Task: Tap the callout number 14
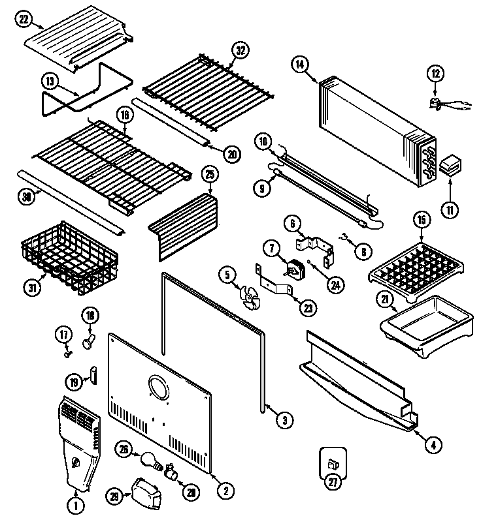299,64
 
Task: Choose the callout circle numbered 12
435,74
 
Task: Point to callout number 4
432,446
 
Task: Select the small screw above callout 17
67,353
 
